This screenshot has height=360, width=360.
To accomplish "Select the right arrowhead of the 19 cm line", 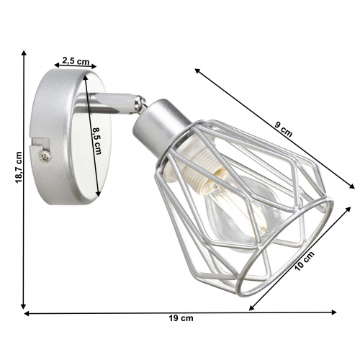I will [x=335, y=312].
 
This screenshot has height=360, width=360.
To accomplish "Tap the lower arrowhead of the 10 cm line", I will [x=251, y=309].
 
